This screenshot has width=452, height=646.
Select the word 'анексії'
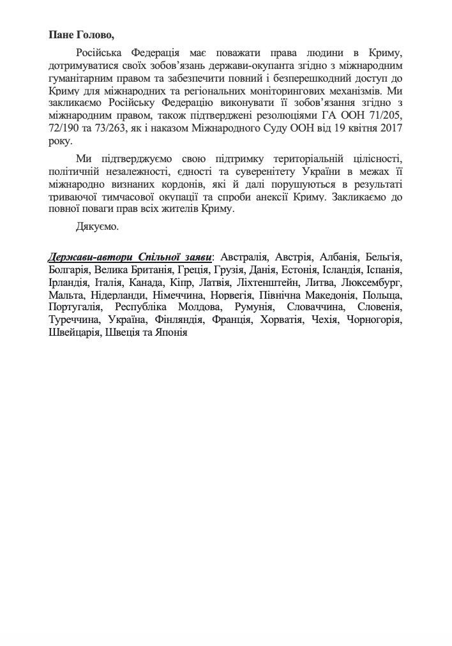point(299,197)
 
